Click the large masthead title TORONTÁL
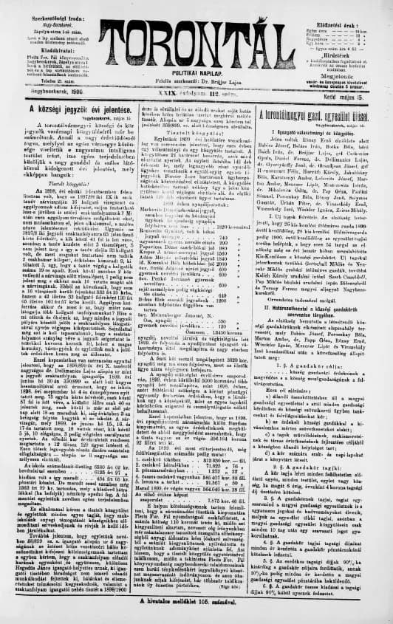(x=197, y=32)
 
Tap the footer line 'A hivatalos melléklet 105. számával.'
(x=196, y=600)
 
